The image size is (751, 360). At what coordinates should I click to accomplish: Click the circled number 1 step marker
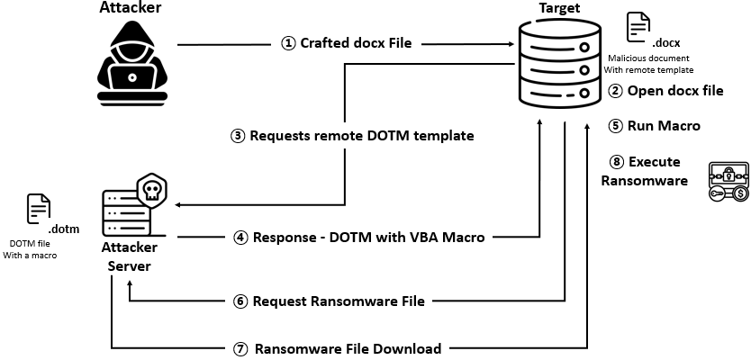coord(289,42)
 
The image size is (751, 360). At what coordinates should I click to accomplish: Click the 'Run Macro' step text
coord(666,126)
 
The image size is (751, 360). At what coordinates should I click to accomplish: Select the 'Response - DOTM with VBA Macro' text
coord(359,238)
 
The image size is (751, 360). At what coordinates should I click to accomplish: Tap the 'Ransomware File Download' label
coord(348,348)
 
